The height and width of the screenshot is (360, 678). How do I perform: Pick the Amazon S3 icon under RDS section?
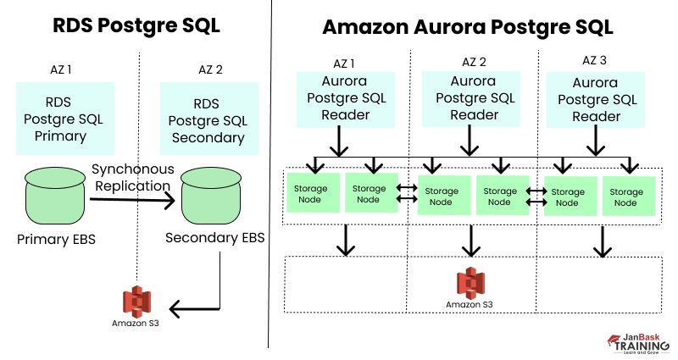pyautogui.click(x=136, y=302)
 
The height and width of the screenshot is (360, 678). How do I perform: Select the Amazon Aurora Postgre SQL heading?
pyautogui.click(x=468, y=27)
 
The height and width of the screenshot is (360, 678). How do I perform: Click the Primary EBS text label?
pyautogui.click(x=57, y=240)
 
